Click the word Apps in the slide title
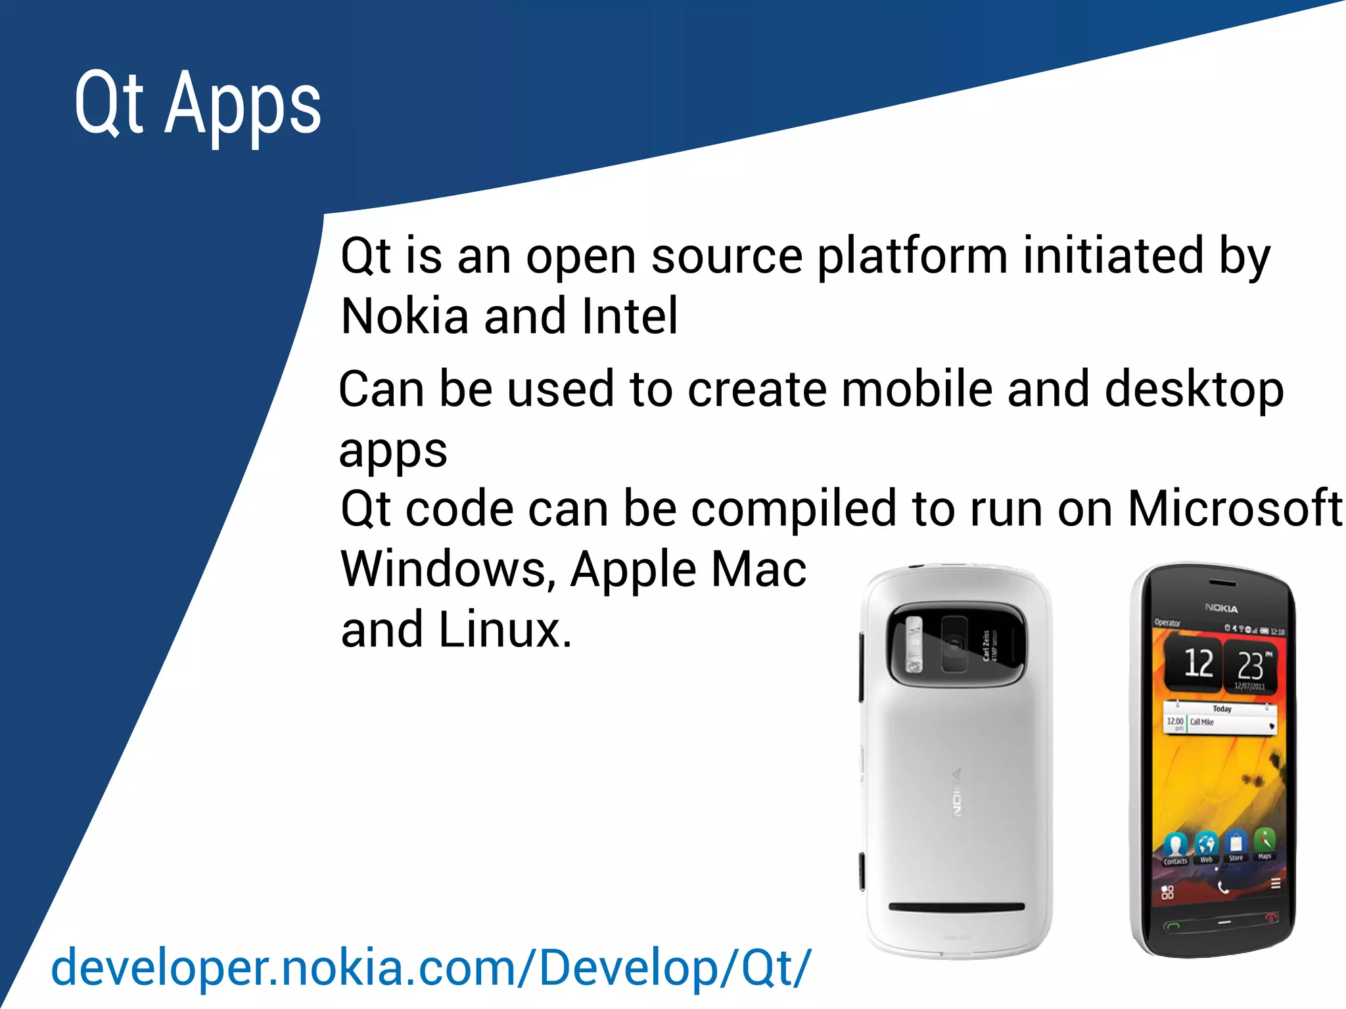[243, 105]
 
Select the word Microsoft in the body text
[1234, 508]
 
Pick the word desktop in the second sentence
[1194, 389]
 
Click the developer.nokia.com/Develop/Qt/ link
[431, 967]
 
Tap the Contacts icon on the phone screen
[1175, 846]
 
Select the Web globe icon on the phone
[1206, 844]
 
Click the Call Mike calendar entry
[1203, 723]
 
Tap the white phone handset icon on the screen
[1222, 888]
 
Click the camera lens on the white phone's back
[954, 644]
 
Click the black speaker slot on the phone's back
[956, 907]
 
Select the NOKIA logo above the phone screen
[1221, 608]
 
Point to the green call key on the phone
[1172, 926]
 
